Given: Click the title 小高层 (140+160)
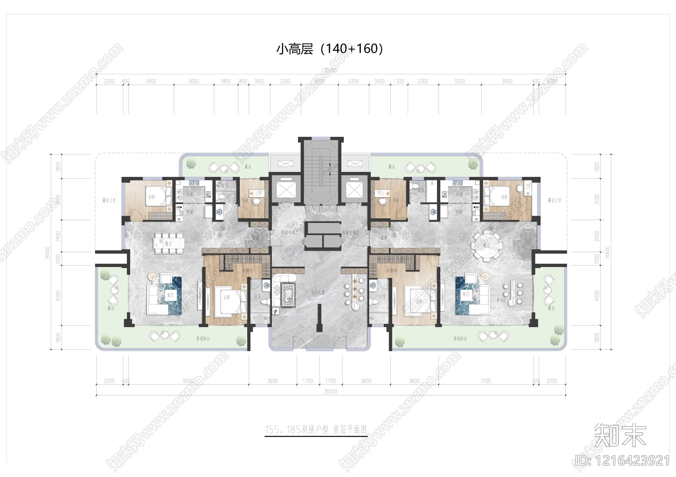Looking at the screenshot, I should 330,49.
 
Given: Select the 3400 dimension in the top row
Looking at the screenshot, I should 151,81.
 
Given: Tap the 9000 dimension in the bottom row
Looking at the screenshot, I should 188,381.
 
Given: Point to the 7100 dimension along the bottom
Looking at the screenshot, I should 486,381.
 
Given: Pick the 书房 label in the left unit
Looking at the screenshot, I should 245,201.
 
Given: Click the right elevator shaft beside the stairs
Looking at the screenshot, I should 354,189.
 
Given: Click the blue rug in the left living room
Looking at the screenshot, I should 170,295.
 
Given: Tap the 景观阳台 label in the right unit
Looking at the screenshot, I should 460,339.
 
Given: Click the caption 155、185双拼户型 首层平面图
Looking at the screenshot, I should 316,430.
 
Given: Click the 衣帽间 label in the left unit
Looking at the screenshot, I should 248,270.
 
